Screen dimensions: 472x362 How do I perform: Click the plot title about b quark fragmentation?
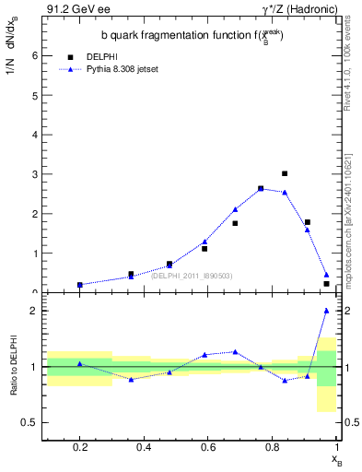click(x=192, y=35)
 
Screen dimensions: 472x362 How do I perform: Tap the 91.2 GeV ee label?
click(x=72, y=9)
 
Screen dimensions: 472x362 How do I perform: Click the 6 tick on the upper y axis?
click(x=35, y=55)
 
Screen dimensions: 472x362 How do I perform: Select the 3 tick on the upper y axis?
click(x=35, y=174)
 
